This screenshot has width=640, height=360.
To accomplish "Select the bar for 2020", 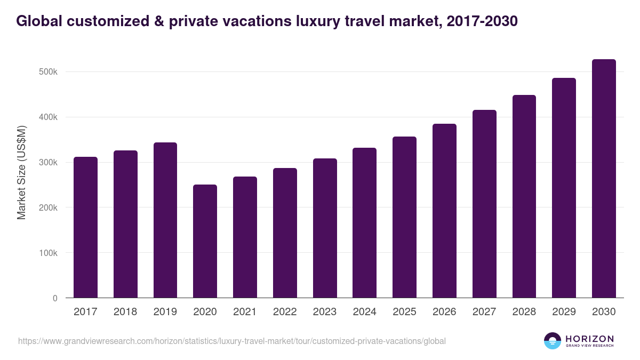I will pos(205,241).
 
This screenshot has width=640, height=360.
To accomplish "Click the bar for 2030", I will pos(604,179).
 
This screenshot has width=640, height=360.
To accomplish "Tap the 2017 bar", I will pos(85,227).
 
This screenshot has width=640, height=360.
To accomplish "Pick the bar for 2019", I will pos(165,220).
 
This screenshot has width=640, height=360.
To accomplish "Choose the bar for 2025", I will pos(404,217).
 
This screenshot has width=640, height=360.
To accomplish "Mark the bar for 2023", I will pos(325,228).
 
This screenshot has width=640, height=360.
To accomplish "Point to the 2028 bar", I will pos(524,196).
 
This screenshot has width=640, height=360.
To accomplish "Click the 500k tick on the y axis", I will pos(47,72).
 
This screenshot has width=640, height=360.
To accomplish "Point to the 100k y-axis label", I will pos(47,253).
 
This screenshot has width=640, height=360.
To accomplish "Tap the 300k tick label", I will pos(47,163).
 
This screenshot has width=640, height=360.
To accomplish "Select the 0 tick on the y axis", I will pos(55,298).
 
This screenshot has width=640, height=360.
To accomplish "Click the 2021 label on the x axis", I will pos(245,312).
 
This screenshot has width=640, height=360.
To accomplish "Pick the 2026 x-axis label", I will pos(444,312).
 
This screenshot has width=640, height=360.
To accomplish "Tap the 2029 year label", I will pos(564,312).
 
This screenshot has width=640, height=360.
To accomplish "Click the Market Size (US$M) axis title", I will pos(21,172).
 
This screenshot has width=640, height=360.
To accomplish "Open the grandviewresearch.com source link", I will pos(232,341).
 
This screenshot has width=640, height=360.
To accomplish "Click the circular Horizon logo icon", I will pos(553,341).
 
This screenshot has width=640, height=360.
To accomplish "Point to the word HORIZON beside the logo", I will pos(589,339).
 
